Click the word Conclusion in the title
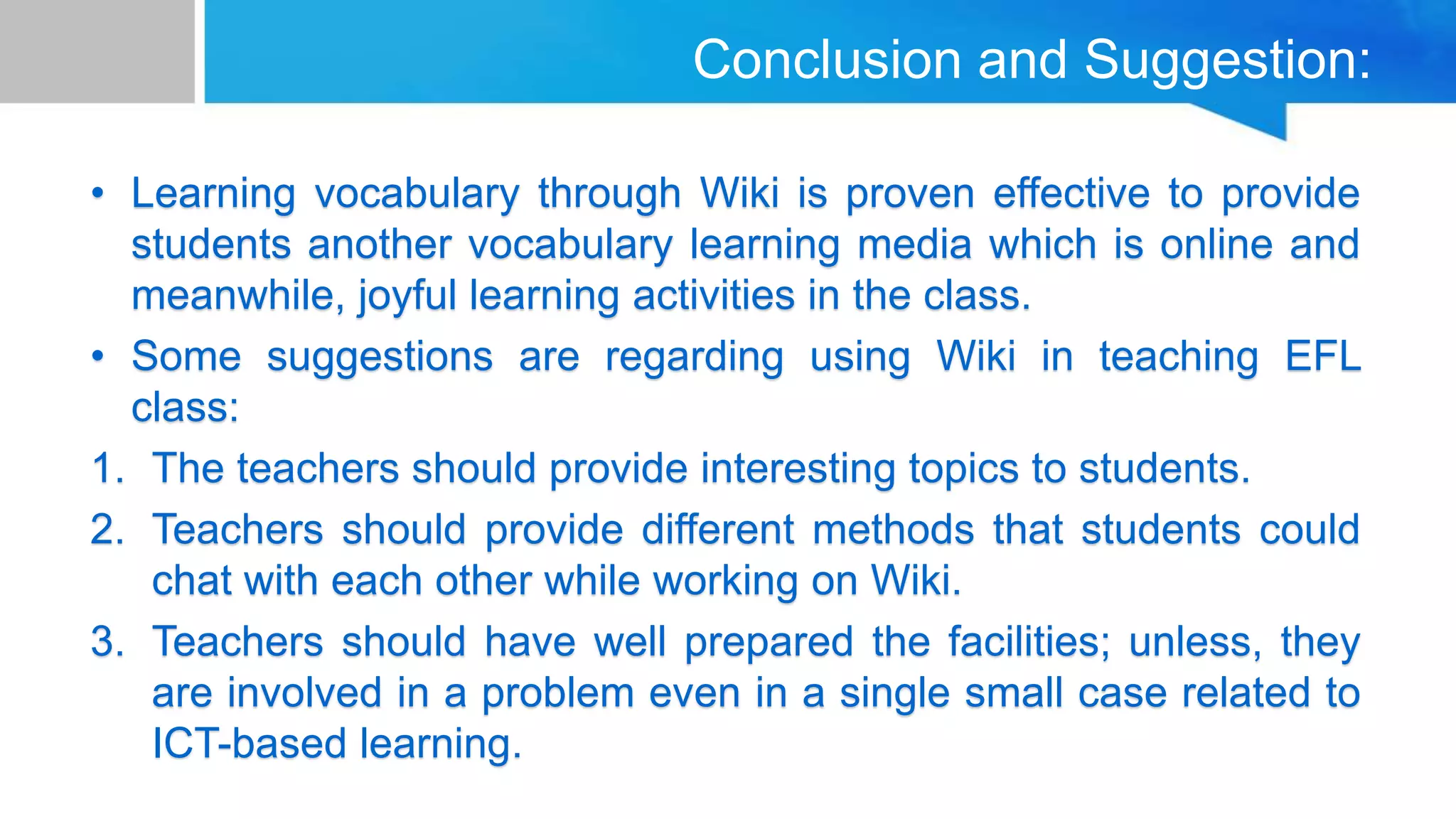[827, 60]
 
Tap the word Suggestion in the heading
[1227, 61]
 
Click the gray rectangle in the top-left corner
[97, 51]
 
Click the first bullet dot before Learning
[98, 194]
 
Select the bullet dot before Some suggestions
[98, 356]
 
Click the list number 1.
[107, 469]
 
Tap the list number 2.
[107, 530]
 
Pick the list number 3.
[107, 642]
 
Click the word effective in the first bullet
[1071, 194]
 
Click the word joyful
[407, 297]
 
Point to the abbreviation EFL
[1322, 356]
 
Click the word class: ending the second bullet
[185, 408]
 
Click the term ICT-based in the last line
[249, 744]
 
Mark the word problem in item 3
[557, 694]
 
